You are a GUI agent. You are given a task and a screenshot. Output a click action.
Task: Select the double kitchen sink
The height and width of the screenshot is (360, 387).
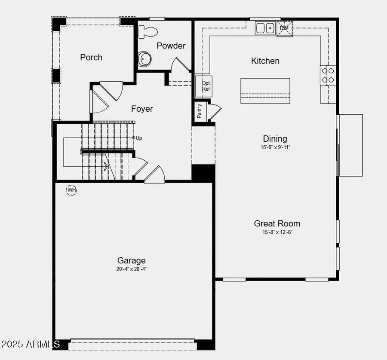coord(266,28)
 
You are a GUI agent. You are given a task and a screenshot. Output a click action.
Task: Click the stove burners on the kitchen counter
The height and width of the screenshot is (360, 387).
coord(328,75)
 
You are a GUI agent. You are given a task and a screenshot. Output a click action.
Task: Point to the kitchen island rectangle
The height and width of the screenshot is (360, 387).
coord(265,91)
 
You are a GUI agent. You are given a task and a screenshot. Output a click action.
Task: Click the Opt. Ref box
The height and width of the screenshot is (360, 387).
coord(206,86)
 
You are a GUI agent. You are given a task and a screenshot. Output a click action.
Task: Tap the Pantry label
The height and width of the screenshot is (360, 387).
coord(200,111)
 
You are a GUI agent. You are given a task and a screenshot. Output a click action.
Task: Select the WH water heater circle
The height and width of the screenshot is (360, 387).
coord(71,190)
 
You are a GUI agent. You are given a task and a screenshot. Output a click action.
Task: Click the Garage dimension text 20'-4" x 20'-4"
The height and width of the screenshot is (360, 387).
coord(132,269)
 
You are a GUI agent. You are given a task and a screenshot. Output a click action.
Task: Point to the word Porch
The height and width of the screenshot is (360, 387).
coord(91,57)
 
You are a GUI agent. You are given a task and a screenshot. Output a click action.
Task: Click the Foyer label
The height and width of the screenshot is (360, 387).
coord(142,109)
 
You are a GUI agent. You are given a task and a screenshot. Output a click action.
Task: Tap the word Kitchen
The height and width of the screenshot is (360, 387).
coord(265,61)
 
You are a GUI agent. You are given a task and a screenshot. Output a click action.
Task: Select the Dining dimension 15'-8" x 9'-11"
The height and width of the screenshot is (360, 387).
coord(275,147)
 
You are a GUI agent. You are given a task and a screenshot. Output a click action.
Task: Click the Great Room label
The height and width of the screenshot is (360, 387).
coord(277,223)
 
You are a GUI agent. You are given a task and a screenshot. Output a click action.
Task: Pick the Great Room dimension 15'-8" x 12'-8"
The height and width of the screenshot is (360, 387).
coord(277,232)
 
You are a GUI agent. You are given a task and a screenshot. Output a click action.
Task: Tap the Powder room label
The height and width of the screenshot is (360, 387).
coord(171,46)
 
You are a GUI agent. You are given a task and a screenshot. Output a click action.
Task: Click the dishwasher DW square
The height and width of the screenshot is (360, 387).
coord(284,28)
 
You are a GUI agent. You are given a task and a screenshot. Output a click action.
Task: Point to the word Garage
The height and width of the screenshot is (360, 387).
coord(132,260)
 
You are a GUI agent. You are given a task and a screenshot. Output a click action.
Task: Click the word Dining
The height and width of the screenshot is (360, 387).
coord(275,139)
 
